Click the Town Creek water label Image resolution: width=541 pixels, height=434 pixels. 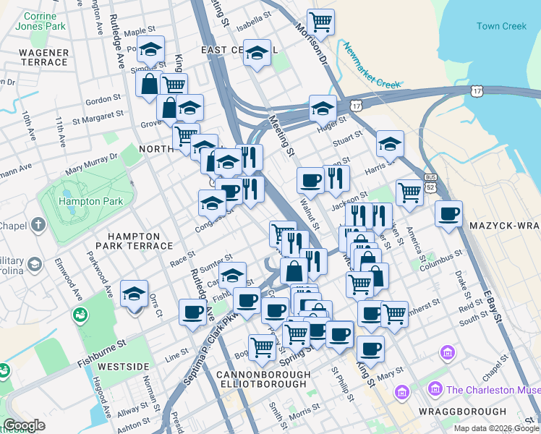pyautogui.click(x=501, y=27)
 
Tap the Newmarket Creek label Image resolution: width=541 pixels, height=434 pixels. pyautogui.click(x=372, y=69)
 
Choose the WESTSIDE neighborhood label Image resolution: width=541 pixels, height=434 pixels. pyautogui.click(x=123, y=367)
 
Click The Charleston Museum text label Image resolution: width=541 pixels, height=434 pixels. pyautogui.click(x=492, y=390)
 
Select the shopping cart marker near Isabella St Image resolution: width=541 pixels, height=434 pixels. pyautogui.click(x=320, y=21)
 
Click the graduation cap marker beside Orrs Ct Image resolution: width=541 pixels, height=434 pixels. pyautogui.click(x=134, y=294)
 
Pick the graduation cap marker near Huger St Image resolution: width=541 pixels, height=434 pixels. pyautogui.click(x=323, y=109)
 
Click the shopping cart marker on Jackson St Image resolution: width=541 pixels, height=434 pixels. pyautogui.click(x=409, y=192)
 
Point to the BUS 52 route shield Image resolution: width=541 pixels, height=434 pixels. pyautogui.click(x=431, y=182)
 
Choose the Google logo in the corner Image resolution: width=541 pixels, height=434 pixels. pyautogui.click(x=24, y=425)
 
